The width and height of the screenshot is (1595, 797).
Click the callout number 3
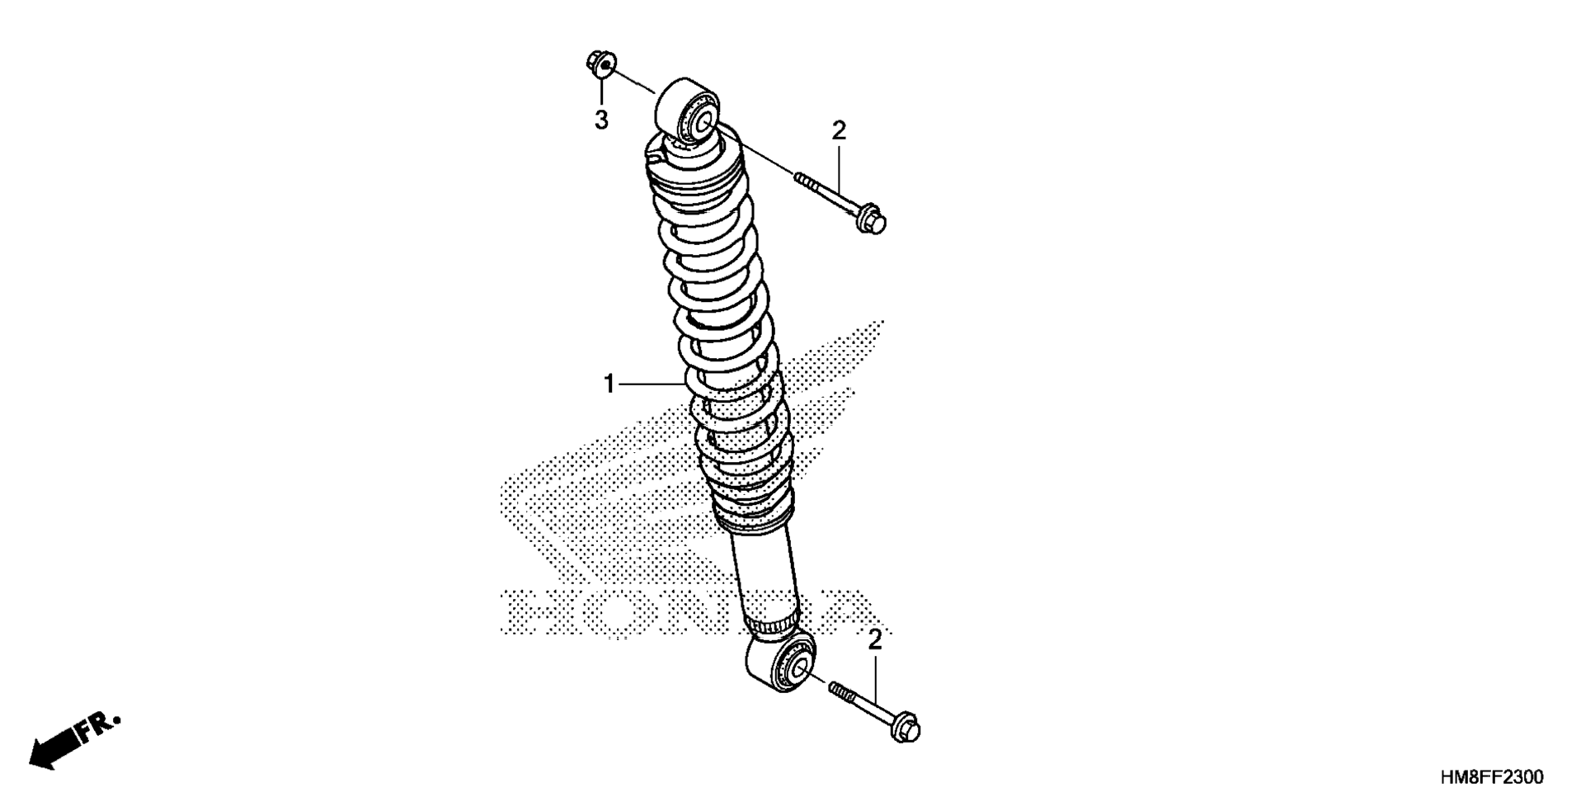[x=601, y=120]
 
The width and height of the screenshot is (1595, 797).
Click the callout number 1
[x=609, y=384]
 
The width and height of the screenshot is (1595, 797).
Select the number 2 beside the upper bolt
[x=839, y=130]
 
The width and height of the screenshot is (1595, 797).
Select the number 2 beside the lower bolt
[x=874, y=639]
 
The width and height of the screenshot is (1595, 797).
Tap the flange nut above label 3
[x=601, y=63]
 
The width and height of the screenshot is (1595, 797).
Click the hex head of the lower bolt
[x=905, y=729]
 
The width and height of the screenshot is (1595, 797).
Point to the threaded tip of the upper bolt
[x=801, y=177]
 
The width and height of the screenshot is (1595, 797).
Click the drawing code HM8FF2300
[x=1491, y=777]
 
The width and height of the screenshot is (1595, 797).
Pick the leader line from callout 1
[x=652, y=384]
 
